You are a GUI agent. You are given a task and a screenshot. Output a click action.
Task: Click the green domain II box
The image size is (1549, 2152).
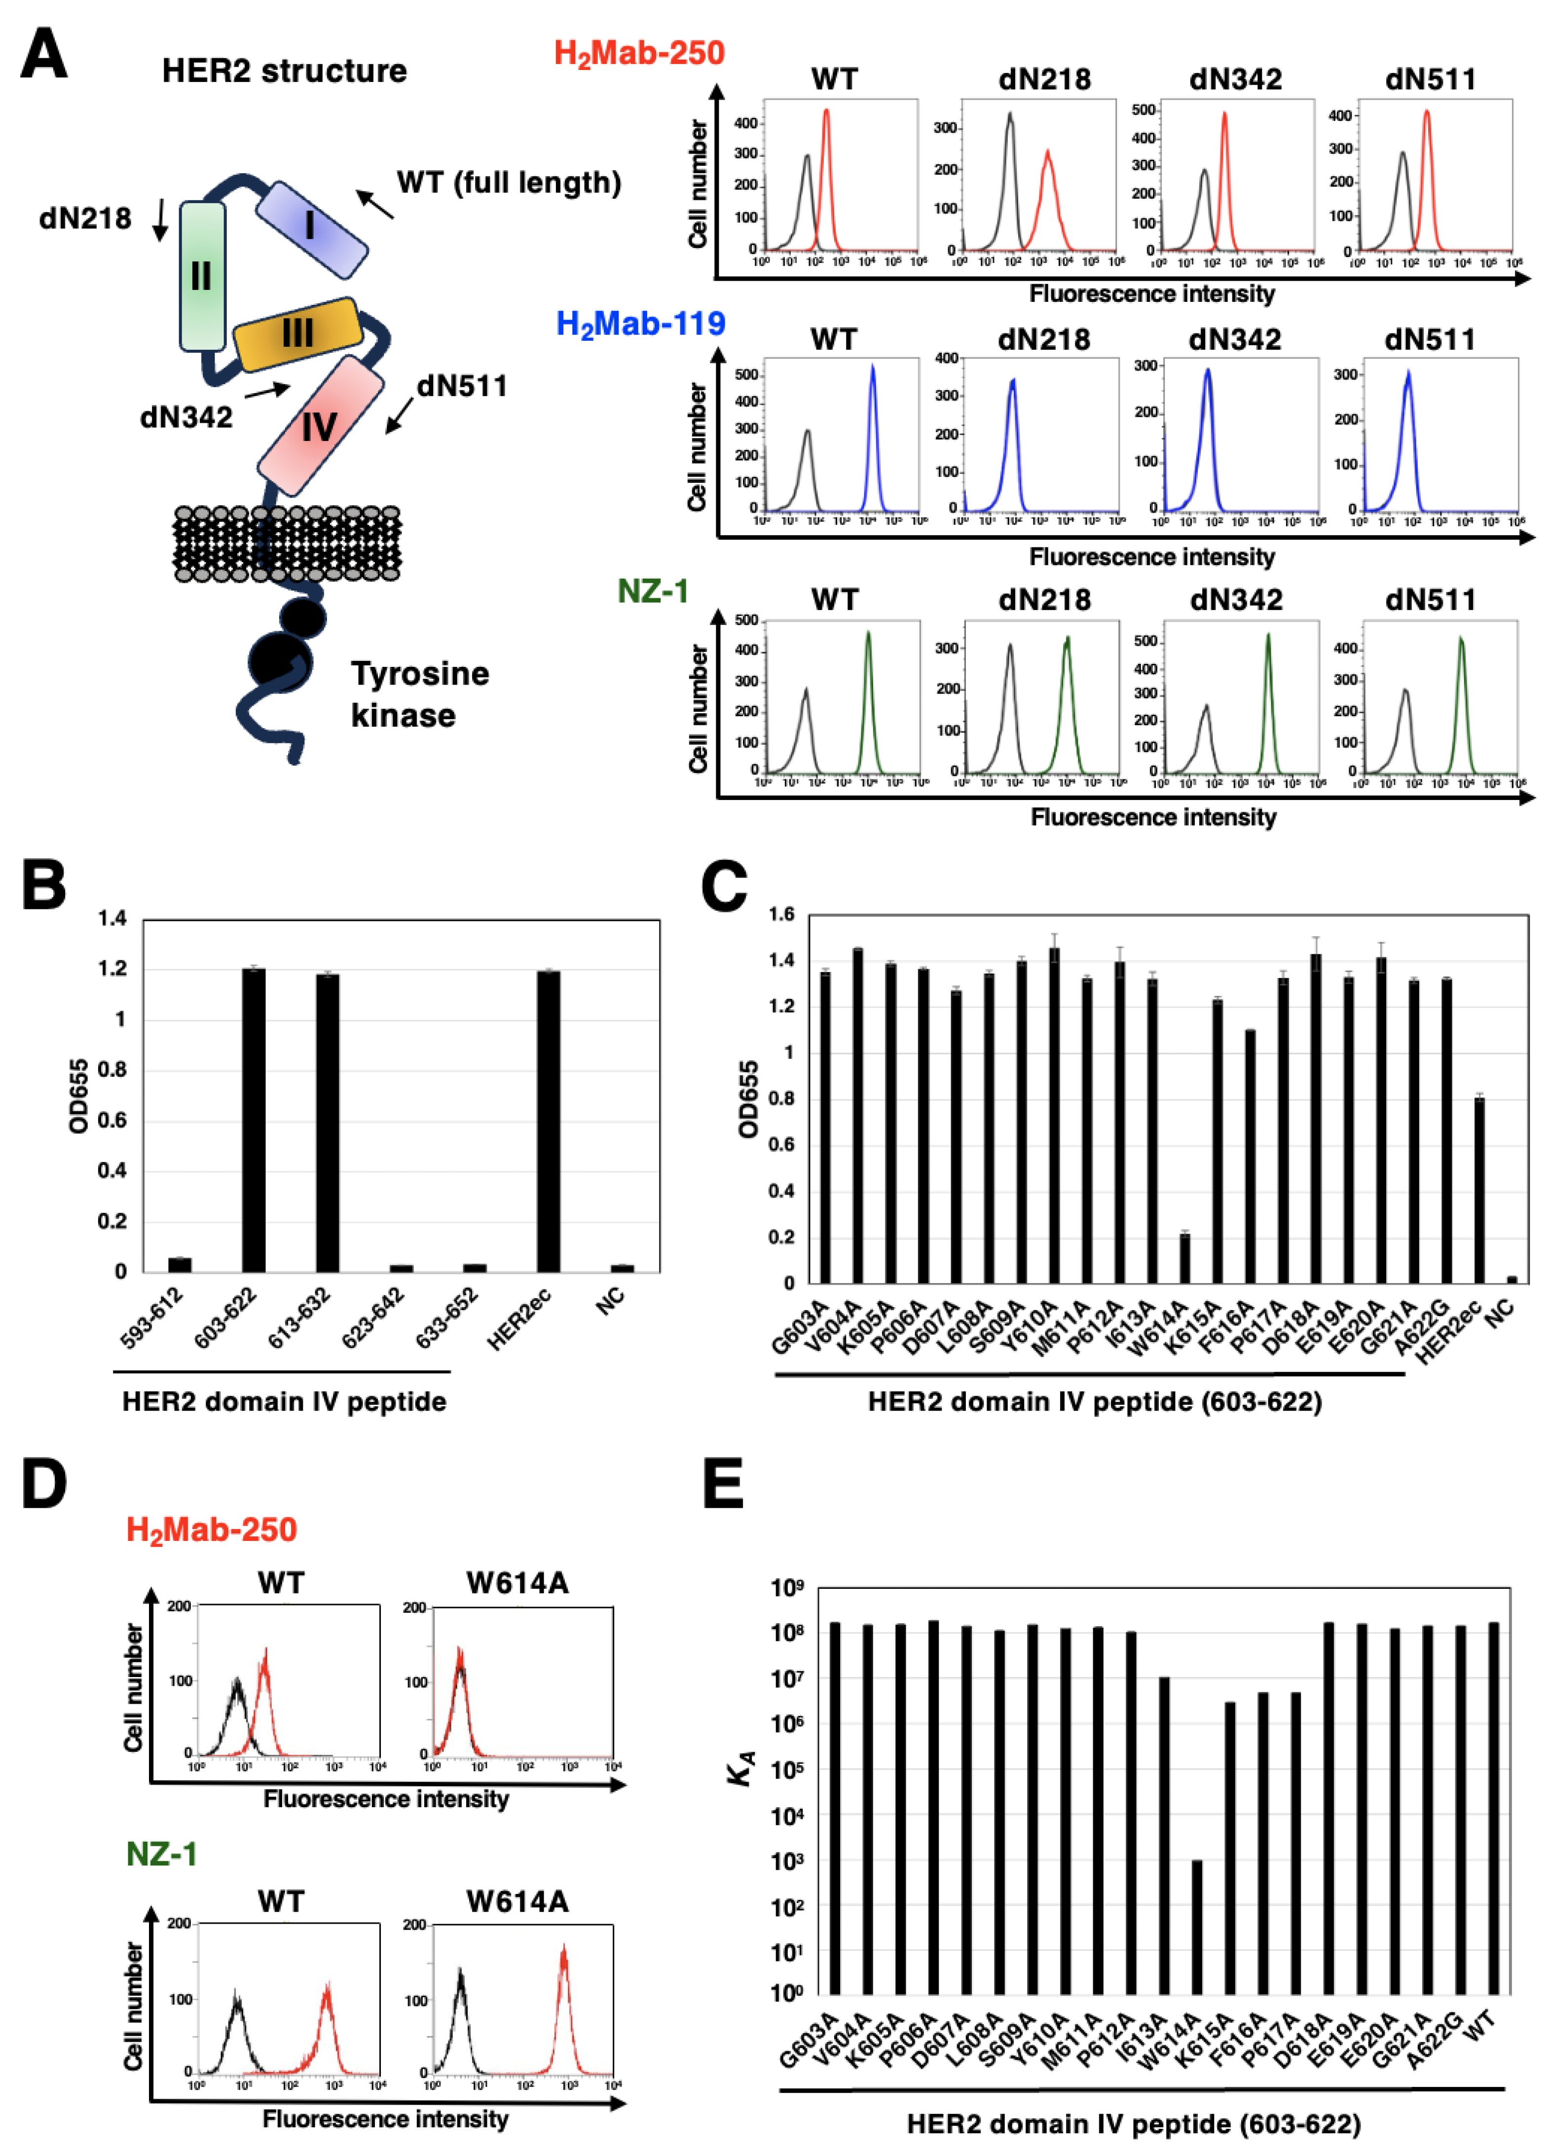click(202, 276)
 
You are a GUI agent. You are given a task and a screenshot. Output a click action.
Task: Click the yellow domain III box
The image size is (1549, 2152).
click(297, 334)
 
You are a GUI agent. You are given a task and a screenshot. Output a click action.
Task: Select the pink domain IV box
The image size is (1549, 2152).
click(320, 426)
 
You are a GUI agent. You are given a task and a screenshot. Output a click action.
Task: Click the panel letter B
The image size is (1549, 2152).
click(44, 885)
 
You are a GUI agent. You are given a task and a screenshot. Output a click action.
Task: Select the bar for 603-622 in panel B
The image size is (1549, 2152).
click(254, 1120)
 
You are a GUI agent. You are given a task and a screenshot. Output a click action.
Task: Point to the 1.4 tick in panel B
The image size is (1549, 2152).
click(112, 918)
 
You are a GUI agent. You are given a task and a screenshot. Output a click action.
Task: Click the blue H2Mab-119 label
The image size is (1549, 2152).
click(641, 325)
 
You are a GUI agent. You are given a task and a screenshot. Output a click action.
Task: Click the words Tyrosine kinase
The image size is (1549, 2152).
click(419, 693)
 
